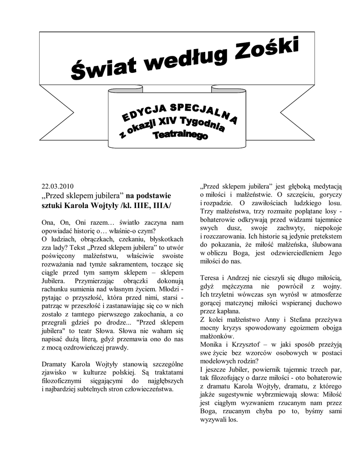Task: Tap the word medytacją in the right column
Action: point(327,186)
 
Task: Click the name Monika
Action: point(211,344)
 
